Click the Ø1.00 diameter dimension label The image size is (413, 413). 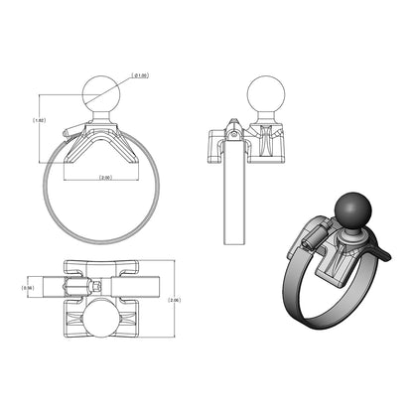click(x=142, y=75)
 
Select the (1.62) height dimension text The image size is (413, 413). click(x=39, y=121)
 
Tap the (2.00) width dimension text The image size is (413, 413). click(x=104, y=178)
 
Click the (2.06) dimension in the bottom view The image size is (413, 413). click(x=176, y=299)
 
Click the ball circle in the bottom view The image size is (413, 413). click(x=103, y=322)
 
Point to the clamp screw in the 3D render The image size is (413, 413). click(x=310, y=236)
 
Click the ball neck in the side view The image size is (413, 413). click(x=262, y=120)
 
